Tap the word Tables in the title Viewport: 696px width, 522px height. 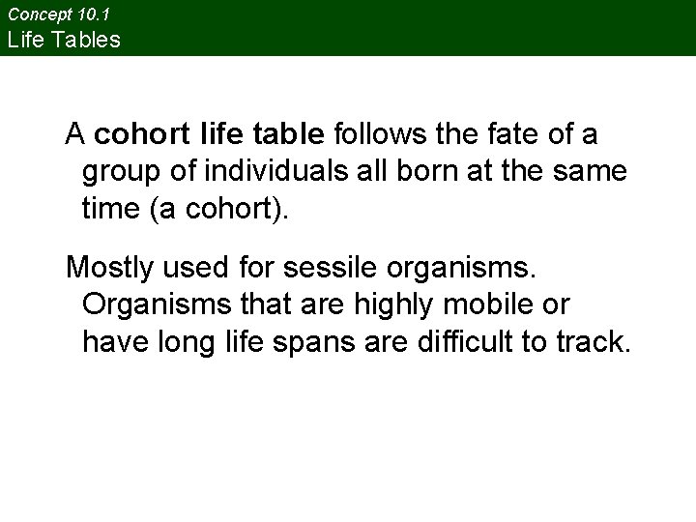[89, 40]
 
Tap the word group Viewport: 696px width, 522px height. [122, 172]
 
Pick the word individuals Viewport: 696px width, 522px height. [272, 172]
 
